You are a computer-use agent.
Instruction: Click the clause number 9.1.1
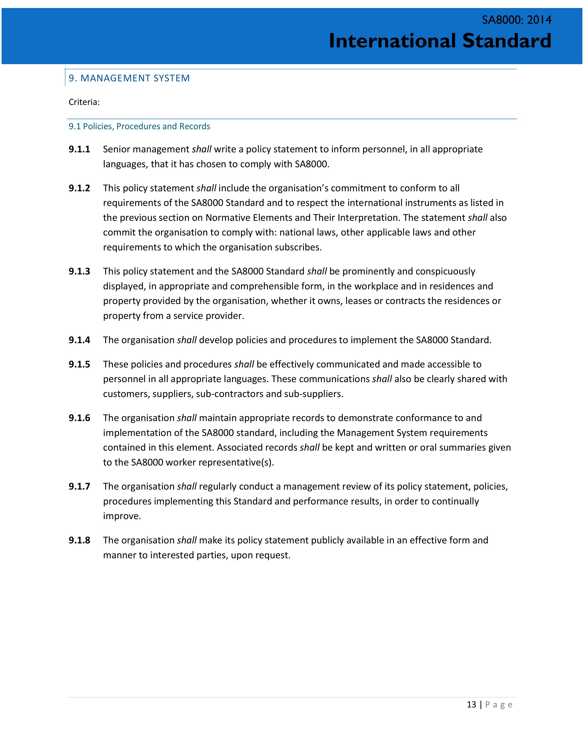[79, 149]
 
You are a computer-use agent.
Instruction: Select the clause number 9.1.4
[79, 340]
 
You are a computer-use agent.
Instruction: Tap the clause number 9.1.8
[79, 540]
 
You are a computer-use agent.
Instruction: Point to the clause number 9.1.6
[79, 418]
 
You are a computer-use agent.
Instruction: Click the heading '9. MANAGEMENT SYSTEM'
[129, 78]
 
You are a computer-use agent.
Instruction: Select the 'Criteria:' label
[84, 102]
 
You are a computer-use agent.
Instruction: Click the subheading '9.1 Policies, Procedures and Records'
[139, 126]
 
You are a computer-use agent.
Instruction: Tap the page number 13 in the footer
[471, 704]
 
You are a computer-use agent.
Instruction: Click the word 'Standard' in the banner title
[507, 41]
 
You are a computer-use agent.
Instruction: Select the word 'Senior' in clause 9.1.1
[116, 149]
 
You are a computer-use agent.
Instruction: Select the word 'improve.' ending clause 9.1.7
[122, 516]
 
